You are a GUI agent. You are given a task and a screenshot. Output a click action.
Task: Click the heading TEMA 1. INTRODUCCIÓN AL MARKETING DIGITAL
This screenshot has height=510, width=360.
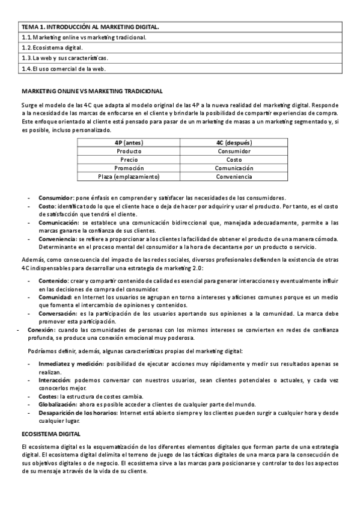[x=90, y=27]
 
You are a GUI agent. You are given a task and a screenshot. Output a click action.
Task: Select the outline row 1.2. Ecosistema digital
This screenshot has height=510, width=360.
[x=52, y=47]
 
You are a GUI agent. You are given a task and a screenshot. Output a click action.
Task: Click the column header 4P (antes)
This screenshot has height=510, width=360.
[x=129, y=143]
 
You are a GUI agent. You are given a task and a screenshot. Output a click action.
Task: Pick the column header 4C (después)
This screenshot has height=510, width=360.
[x=234, y=143]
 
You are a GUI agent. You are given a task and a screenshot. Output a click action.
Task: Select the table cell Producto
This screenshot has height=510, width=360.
[x=129, y=152]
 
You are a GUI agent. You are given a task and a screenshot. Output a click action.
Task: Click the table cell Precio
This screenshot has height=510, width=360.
[x=129, y=160]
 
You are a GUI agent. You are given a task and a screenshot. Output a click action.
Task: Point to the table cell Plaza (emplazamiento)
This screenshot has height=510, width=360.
[x=129, y=177]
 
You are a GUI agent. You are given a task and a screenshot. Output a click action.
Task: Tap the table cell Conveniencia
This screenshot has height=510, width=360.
[x=234, y=177]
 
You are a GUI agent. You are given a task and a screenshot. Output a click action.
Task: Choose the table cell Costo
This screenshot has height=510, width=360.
[x=234, y=160]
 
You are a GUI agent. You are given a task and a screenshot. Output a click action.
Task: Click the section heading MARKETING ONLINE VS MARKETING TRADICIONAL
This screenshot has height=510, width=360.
[x=91, y=91]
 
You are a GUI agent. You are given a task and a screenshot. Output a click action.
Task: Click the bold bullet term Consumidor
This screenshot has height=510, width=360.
[x=55, y=198]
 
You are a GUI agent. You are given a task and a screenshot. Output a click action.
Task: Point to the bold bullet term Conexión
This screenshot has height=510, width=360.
[x=41, y=330]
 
